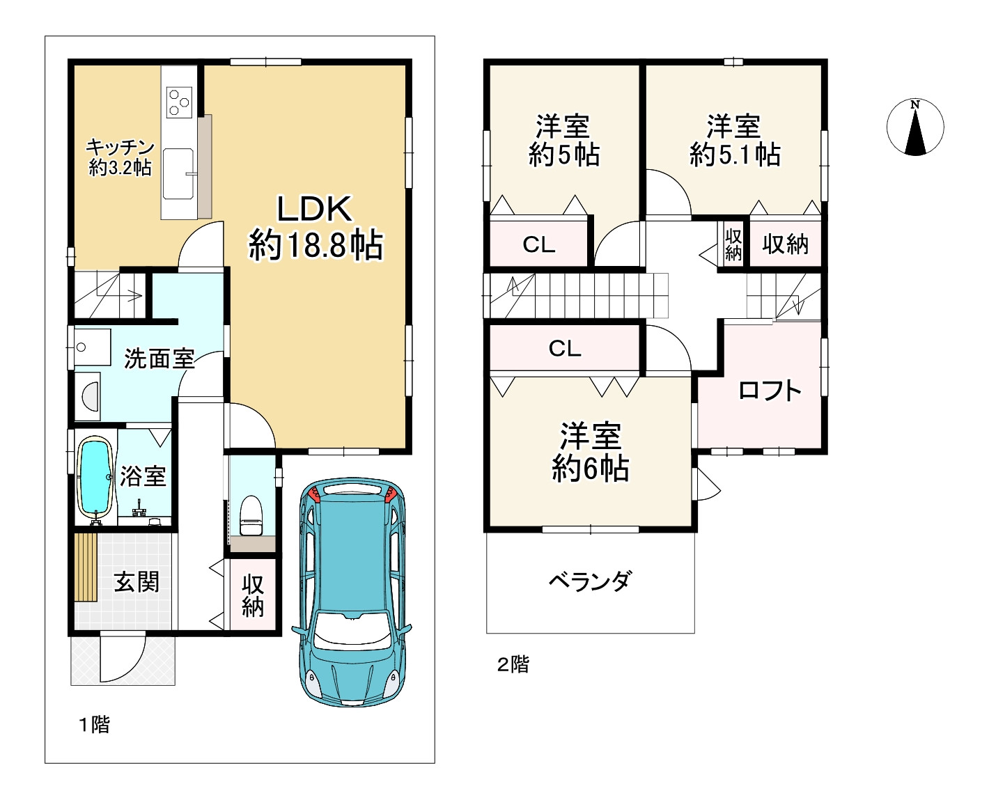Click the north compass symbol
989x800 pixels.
click(x=914, y=127)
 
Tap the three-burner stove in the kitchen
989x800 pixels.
click(x=179, y=102)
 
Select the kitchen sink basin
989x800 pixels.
click(x=178, y=173)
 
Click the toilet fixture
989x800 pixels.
click(x=251, y=515)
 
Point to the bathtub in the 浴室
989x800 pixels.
click(x=95, y=477)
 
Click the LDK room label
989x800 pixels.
click(x=316, y=228)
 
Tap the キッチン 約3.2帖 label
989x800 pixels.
click(x=120, y=157)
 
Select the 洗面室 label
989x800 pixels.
click(x=159, y=359)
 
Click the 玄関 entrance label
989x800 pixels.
click(x=137, y=582)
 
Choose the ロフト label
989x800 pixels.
click(x=770, y=391)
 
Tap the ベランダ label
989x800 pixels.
click(x=590, y=581)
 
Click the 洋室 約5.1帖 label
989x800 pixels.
click(x=735, y=140)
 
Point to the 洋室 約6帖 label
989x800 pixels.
click(x=590, y=451)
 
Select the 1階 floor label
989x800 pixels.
click(x=94, y=724)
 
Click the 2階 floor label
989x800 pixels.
click(x=513, y=664)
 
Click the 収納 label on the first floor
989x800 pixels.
click(x=253, y=596)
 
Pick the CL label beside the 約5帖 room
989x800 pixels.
click(x=538, y=244)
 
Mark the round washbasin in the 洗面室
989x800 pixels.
click(x=91, y=397)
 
